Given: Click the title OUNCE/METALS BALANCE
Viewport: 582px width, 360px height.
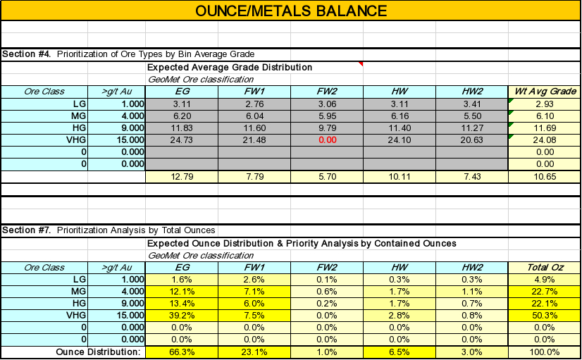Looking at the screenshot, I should click(x=290, y=11).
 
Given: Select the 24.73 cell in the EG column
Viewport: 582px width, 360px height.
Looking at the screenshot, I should click(x=181, y=139).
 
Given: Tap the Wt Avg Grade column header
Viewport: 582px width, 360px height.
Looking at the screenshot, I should click(x=543, y=91).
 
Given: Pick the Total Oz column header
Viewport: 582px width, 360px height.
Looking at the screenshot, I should click(x=543, y=267).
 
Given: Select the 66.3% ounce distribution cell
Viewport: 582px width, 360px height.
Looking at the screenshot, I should click(x=181, y=352).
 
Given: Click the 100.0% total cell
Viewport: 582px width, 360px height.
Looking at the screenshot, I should click(x=543, y=352).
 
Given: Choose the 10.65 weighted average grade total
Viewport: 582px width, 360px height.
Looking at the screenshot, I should click(x=543, y=175).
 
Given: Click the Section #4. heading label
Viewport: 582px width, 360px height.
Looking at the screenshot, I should click(x=27, y=54).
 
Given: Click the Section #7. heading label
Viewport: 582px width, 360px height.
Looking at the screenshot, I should click(x=27, y=230).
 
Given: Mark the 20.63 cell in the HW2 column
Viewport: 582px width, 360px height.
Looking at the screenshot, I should click(x=471, y=139).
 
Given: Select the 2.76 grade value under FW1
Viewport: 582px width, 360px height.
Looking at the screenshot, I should click(x=254, y=104).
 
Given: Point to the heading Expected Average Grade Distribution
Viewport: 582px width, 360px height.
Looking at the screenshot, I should click(x=230, y=67).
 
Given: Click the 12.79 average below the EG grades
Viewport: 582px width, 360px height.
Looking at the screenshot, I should click(x=181, y=175).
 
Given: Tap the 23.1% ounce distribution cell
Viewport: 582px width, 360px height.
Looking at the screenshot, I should click(x=254, y=352).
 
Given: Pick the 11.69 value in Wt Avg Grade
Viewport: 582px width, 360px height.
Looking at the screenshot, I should click(x=543, y=128).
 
